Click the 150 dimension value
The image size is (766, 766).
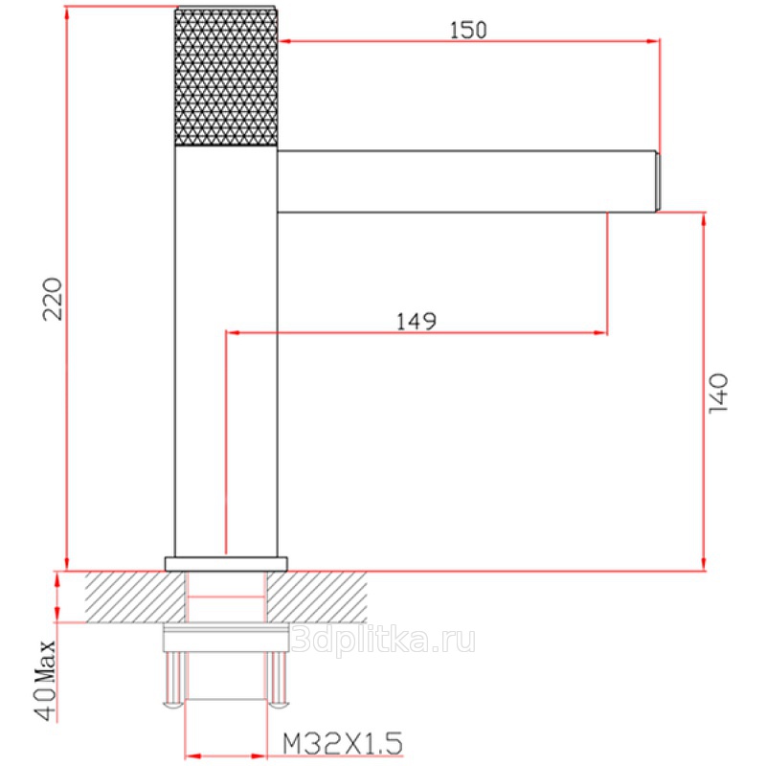pos(468,30)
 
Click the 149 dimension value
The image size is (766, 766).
pos(416,322)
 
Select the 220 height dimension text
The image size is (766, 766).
pos(53,299)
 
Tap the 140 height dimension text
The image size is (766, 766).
pos(718,394)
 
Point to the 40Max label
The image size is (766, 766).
pos(46,681)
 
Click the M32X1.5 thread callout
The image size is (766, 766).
pos(343,744)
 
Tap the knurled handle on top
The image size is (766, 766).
pos(226,77)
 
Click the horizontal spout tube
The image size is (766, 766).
pos(465,181)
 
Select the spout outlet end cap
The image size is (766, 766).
pos(658,182)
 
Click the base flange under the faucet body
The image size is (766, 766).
pos(226,564)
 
